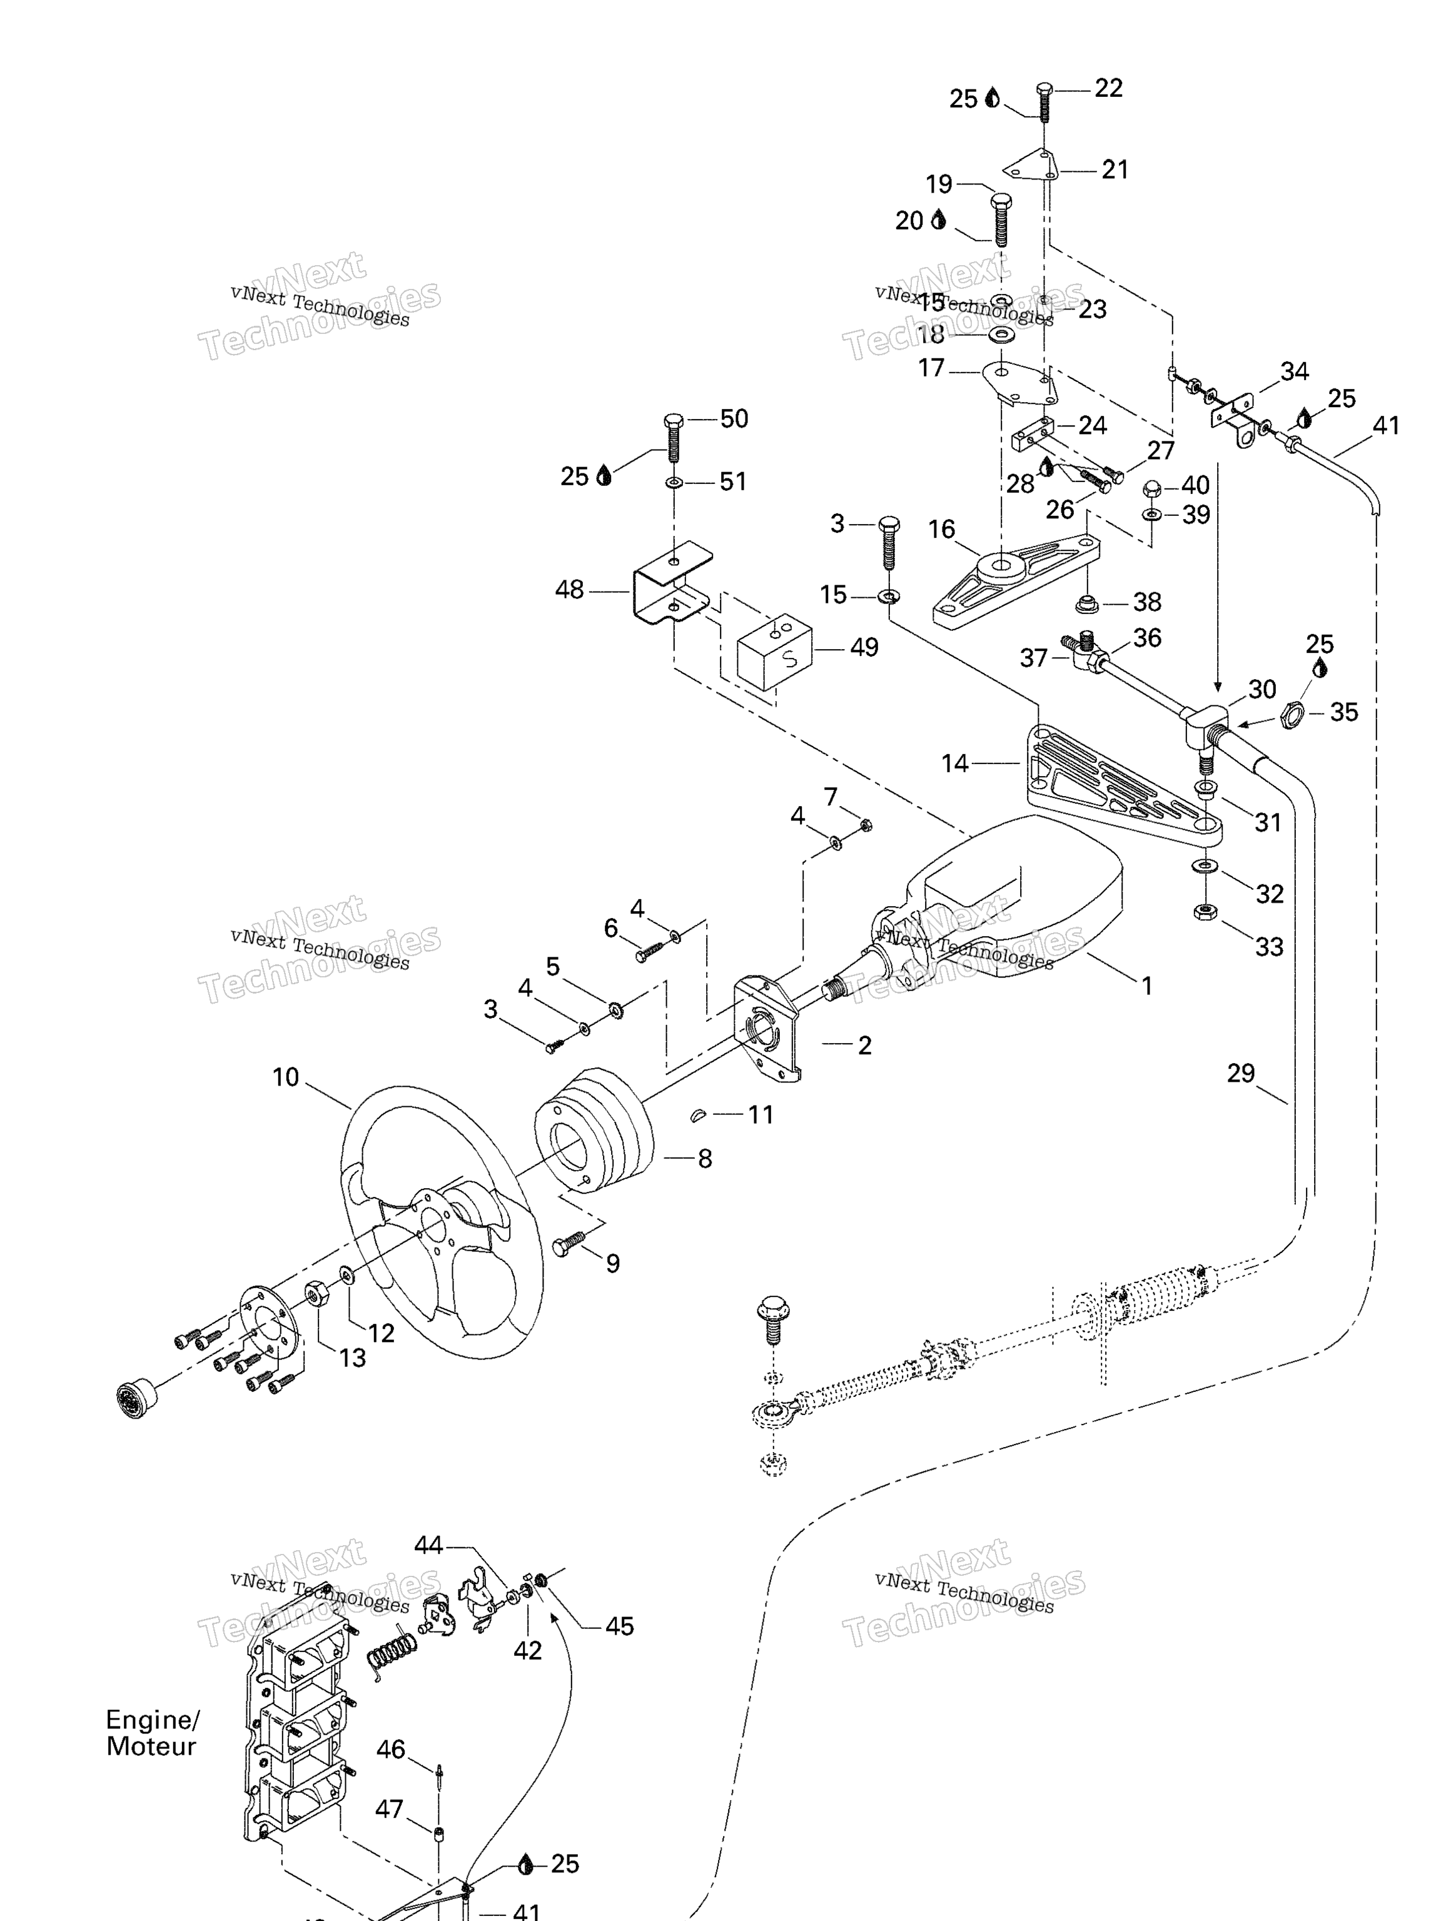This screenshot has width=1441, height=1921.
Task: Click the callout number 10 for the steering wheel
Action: point(285,1077)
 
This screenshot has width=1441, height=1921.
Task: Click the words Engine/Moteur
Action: point(152,1733)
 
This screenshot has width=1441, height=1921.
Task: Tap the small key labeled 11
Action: point(697,1115)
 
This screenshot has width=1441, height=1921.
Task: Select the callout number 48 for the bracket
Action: point(569,590)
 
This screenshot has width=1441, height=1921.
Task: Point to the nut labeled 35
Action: point(1293,714)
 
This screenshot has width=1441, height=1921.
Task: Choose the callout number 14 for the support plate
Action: point(954,764)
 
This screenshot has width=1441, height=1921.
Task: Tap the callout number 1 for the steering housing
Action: point(1146,986)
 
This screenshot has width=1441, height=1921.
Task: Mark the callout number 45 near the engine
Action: point(619,1626)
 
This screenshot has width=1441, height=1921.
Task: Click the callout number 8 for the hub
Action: point(704,1159)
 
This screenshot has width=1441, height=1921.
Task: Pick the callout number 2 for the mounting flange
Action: point(864,1045)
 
